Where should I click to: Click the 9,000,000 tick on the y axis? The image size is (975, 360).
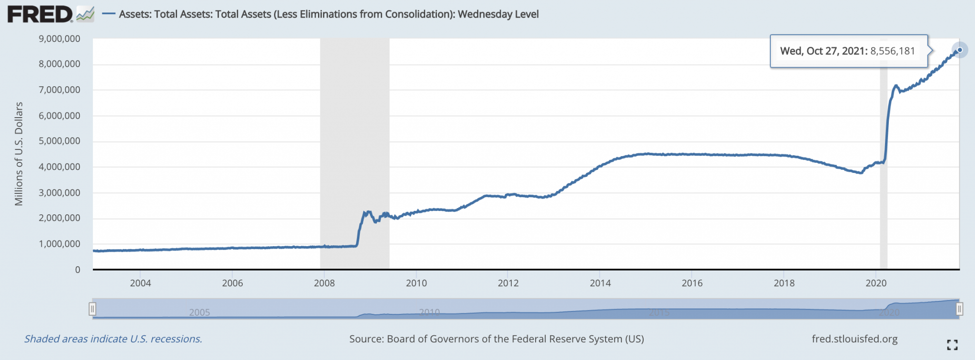click(x=60, y=39)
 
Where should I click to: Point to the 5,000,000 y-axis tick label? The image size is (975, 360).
click(x=60, y=141)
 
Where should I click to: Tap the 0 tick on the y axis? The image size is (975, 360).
click(x=78, y=270)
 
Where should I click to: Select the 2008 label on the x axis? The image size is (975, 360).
click(x=324, y=283)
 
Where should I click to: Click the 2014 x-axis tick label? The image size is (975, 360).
click(x=600, y=283)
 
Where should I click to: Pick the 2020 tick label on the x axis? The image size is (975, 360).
click(x=876, y=283)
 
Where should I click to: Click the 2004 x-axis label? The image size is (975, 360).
click(x=140, y=283)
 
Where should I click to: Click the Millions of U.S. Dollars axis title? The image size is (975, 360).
click(x=19, y=154)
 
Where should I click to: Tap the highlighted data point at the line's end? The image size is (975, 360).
click(x=960, y=50)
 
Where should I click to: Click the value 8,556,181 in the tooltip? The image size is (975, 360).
click(x=893, y=51)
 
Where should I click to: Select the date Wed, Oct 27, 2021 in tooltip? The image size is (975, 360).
click(x=823, y=51)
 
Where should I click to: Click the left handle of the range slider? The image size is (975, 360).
click(x=92, y=309)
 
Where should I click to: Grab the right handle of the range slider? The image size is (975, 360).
click(x=959, y=309)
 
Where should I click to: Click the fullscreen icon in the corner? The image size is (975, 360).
click(x=952, y=345)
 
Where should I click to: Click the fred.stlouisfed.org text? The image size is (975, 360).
click(x=855, y=339)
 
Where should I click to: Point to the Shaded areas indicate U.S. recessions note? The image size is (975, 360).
click(x=113, y=339)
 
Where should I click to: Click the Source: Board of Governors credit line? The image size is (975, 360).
click(x=497, y=339)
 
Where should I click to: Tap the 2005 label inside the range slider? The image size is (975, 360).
click(x=199, y=312)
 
